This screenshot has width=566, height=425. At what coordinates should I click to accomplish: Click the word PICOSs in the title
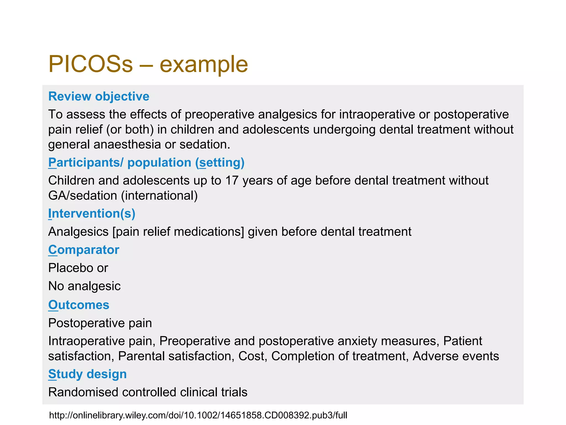click(x=90, y=64)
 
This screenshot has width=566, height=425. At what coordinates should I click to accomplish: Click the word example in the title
click(x=204, y=65)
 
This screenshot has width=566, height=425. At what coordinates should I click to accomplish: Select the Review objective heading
click(x=99, y=97)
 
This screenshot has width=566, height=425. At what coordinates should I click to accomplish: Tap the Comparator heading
click(x=84, y=250)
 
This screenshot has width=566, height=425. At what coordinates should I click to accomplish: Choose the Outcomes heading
click(x=79, y=305)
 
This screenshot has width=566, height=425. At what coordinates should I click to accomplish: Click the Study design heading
click(x=87, y=374)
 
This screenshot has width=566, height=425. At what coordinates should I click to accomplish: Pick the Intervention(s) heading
click(x=92, y=214)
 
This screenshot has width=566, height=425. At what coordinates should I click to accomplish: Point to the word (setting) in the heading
click(x=220, y=163)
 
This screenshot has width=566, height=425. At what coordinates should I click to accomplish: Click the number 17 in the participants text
click(x=232, y=181)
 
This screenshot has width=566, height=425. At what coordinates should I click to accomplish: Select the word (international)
click(x=159, y=196)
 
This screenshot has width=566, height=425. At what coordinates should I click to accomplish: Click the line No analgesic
click(x=84, y=286)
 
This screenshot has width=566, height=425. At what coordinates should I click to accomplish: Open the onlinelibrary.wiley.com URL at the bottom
click(x=198, y=415)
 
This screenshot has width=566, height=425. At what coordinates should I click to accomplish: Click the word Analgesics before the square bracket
click(x=78, y=232)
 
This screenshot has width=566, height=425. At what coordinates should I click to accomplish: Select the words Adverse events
click(x=456, y=356)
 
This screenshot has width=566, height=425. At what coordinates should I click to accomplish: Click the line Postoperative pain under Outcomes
click(x=100, y=323)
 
